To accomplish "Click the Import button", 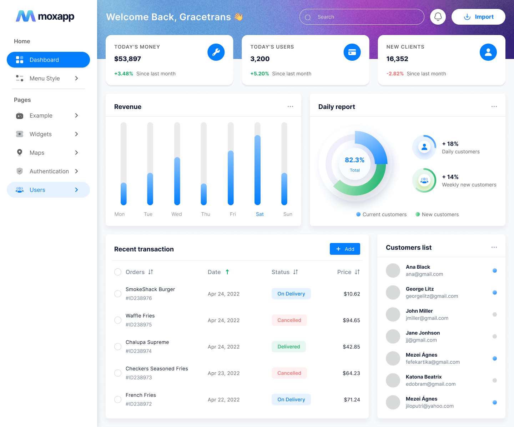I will (x=478, y=17).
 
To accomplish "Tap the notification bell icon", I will (x=438, y=17).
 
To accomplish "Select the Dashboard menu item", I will (x=48, y=60).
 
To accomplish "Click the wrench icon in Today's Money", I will (x=216, y=52).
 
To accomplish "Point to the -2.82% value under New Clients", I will (x=395, y=74).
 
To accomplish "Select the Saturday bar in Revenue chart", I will (x=257, y=170).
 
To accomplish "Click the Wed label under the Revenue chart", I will (x=177, y=214).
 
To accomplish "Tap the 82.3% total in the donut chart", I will (x=354, y=160).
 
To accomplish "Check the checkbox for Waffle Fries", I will (x=118, y=320).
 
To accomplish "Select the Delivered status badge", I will (x=289, y=347).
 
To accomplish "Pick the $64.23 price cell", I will (x=351, y=373).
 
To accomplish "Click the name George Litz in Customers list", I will (x=420, y=289).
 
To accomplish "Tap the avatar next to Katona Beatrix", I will (x=393, y=380).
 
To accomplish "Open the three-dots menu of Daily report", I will (x=494, y=106).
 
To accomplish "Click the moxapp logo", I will (x=45, y=16).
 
